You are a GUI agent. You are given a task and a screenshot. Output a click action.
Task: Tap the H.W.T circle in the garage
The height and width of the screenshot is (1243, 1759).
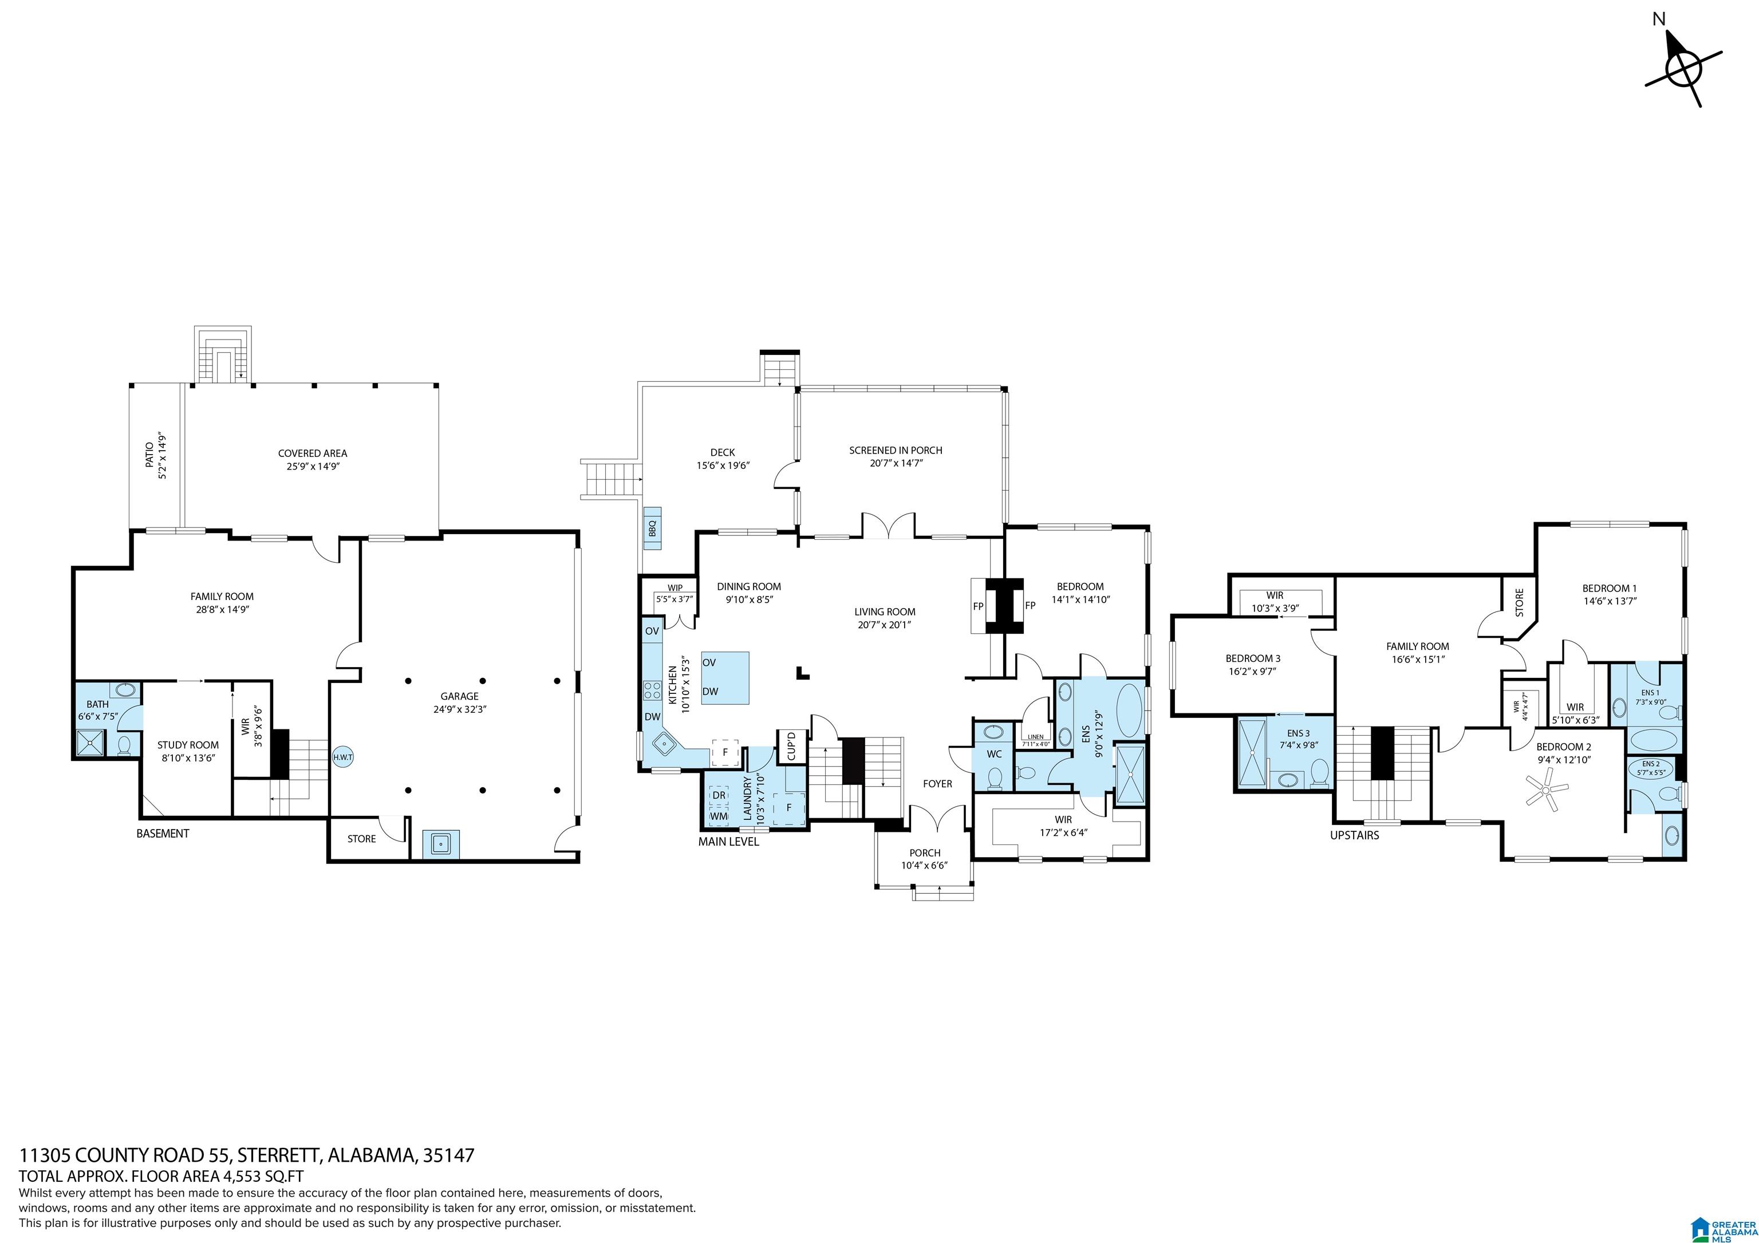[342, 757]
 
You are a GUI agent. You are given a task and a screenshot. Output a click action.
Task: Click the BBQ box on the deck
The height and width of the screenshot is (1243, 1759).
[653, 528]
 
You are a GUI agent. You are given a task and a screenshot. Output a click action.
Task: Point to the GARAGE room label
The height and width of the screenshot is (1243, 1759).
[460, 696]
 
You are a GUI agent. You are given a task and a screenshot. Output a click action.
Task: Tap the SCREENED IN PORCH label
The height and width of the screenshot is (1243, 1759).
[896, 451]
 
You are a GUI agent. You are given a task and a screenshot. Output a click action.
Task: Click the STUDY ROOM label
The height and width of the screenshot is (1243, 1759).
[188, 744]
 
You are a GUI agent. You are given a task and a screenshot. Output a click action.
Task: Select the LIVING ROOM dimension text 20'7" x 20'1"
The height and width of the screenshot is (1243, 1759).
[885, 624]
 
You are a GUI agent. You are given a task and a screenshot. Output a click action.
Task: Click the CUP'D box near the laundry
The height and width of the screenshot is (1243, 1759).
[791, 747]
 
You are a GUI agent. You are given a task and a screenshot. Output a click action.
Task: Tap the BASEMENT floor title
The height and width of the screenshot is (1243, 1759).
[163, 833]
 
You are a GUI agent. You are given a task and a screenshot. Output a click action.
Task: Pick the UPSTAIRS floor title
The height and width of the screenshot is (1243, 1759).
[1355, 835]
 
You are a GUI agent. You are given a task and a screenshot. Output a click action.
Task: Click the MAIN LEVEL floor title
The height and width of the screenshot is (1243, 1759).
[728, 842]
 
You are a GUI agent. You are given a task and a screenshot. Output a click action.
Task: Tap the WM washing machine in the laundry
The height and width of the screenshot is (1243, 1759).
[719, 816]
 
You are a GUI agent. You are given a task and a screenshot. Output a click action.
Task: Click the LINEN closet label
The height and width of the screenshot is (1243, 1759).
[1035, 737]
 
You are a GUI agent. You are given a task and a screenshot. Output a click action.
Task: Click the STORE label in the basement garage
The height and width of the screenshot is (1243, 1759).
[362, 839]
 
